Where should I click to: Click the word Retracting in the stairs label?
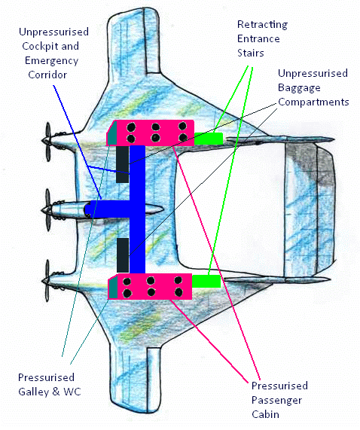pyautogui.click(x=262, y=25)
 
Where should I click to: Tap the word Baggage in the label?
pyautogui.click(x=299, y=88)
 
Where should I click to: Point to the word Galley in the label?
pyautogui.click(x=33, y=392)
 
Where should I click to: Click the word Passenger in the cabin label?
pyautogui.click(x=276, y=401)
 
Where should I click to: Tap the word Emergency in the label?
pyautogui.click(x=51, y=60)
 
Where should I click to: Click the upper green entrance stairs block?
pyautogui.click(x=209, y=139)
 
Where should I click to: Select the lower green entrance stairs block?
pyautogui.click(x=206, y=282)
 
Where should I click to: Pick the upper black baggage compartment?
pyautogui.click(x=122, y=164)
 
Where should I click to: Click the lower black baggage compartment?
pyautogui.click(x=123, y=255)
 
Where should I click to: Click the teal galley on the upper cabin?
pyautogui.click(x=111, y=133)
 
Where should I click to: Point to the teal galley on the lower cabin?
pyautogui.click(x=113, y=287)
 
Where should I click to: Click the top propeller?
pyautogui.click(x=48, y=142)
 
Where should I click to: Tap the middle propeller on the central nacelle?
pyautogui.click(x=47, y=210)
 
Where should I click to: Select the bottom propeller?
pyautogui.click(x=47, y=281)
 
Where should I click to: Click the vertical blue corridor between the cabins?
pyautogui.click(x=137, y=209)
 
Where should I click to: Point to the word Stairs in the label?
pyautogui.click(x=251, y=53)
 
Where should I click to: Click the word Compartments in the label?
pyautogui.click(x=313, y=102)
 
